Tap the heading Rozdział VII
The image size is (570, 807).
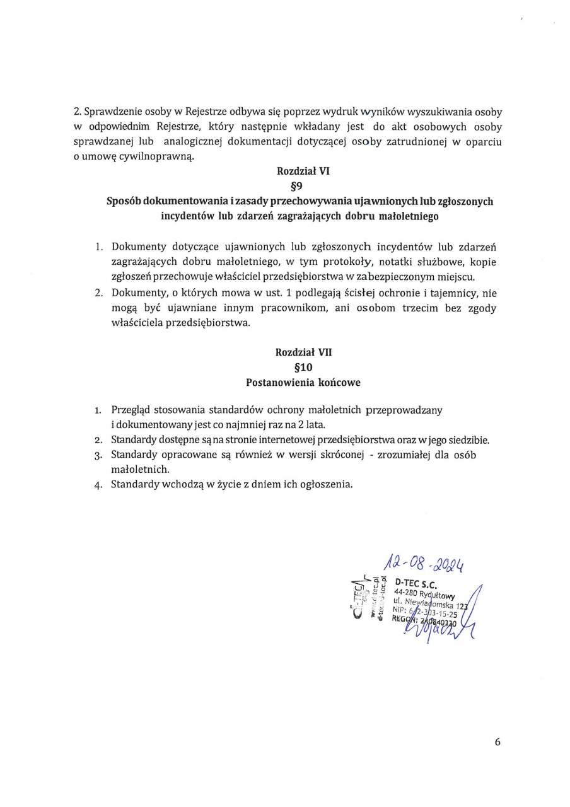(303, 352)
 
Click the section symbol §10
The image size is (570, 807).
(303, 367)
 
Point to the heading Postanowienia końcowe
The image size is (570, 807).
(303, 382)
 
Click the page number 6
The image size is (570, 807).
(497, 742)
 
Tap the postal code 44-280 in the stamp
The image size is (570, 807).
(405, 593)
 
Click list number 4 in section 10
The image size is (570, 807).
(98, 485)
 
